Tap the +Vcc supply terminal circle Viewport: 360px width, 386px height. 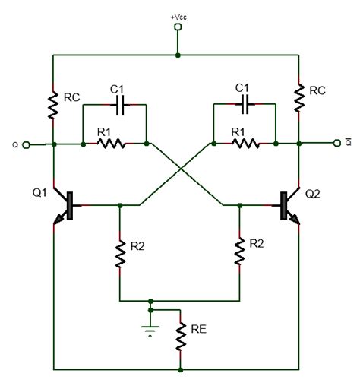pos(178,27)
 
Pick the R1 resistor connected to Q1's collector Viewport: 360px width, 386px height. pos(113,143)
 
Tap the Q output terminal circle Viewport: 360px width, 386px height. pos(27,143)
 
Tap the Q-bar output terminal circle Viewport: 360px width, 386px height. pos(335,143)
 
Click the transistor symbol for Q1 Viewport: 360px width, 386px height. pos(64,206)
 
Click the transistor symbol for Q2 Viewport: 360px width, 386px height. pos(290,206)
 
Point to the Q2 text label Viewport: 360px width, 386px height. pos(313,195)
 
